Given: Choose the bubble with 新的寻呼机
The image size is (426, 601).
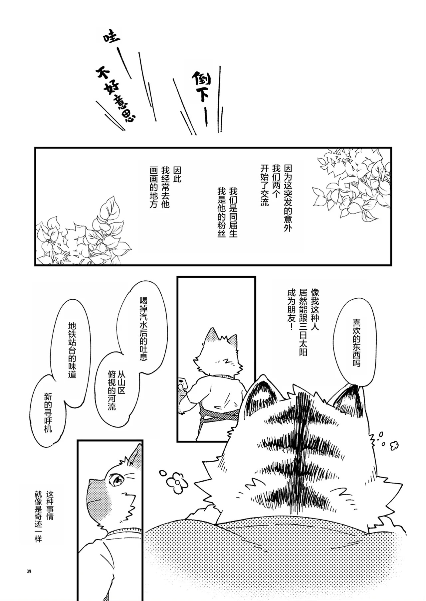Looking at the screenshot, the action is [x=48, y=412].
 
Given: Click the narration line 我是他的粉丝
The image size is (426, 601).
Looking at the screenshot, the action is [x=222, y=212].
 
